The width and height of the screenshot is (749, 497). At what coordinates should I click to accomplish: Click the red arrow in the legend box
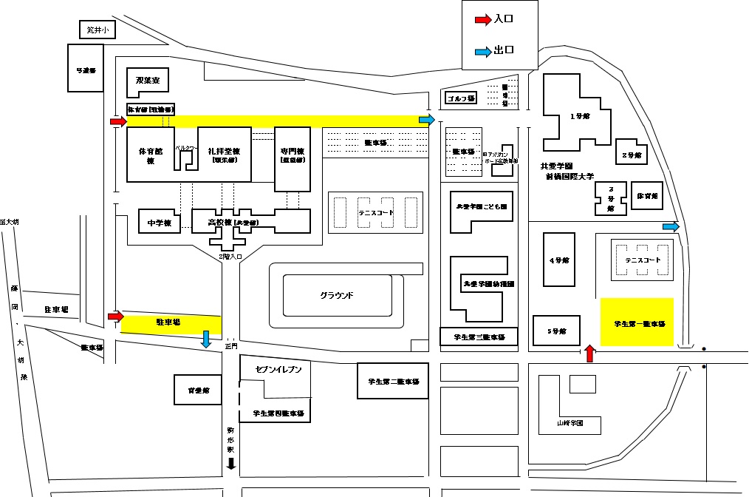(x=482, y=21)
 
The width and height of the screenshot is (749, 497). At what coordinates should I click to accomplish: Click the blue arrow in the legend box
(x=482, y=51)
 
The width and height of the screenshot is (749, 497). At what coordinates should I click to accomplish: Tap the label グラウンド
(x=337, y=295)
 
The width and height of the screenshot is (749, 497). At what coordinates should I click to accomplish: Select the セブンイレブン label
(x=278, y=369)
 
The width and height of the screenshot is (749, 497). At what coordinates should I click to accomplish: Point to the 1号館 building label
(x=580, y=116)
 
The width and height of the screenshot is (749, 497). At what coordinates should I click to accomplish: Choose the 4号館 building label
(x=559, y=260)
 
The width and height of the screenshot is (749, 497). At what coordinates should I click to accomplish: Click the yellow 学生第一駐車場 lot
(x=637, y=322)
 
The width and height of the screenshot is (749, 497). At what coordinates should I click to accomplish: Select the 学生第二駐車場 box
(x=393, y=382)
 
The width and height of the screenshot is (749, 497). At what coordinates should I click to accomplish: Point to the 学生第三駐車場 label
(x=479, y=337)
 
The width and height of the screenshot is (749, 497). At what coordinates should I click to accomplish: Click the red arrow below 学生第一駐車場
(x=589, y=354)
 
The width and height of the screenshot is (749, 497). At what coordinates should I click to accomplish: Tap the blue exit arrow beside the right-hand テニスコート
(x=671, y=227)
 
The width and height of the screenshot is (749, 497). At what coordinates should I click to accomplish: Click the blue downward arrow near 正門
(x=206, y=339)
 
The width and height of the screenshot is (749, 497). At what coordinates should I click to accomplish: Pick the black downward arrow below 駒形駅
(x=230, y=464)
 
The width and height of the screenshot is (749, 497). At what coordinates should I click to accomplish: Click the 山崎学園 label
(x=570, y=424)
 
